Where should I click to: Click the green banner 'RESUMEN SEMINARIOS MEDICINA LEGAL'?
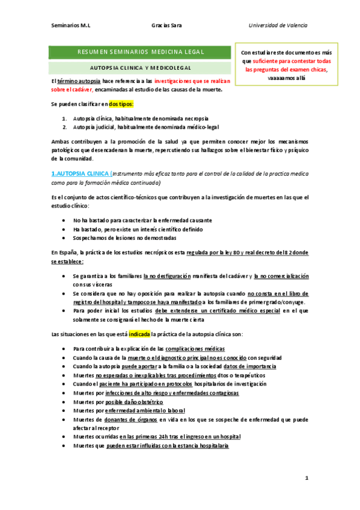(141, 52)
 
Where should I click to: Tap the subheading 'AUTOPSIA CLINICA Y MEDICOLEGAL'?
(141, 68)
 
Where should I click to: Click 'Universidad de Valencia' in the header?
(278, 25)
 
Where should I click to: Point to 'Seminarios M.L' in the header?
(71, 25)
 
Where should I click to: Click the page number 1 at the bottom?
(306, 478)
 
